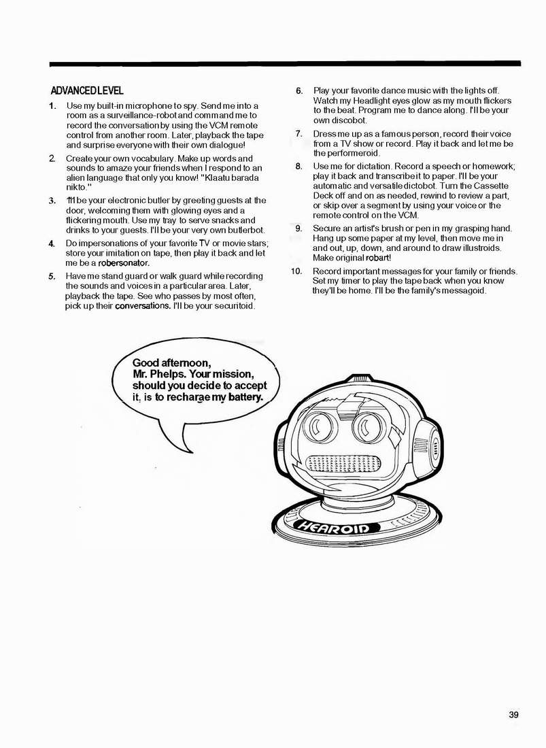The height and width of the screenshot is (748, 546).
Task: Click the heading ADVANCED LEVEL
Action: [x=87, y=90]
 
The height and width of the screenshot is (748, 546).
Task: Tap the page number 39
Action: [x=513, y=714]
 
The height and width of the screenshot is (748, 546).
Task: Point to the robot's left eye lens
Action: [x=319, y=426]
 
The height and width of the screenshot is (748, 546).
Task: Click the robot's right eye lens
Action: [x=371, y=426]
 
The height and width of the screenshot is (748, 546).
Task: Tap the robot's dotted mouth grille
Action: [x=345, y=464]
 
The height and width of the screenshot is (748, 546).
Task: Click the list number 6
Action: [x=299, y=90]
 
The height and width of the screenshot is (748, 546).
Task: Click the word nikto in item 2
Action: [x=76, y=186]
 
